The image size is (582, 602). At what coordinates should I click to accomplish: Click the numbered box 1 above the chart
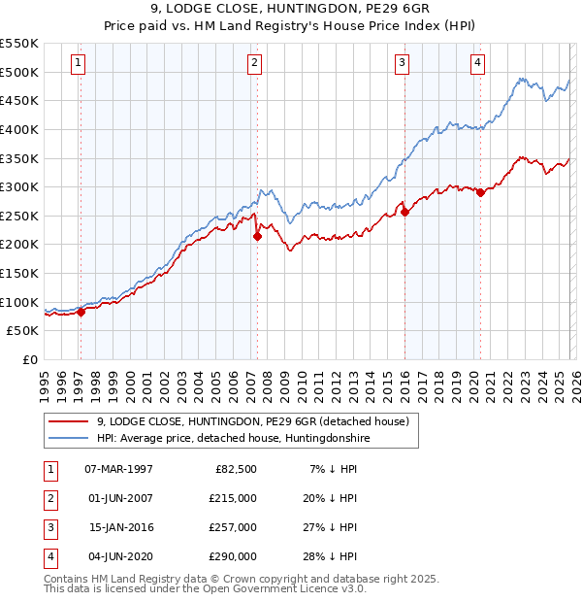click(x=78, y=63)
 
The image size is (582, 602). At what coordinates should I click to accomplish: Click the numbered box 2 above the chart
click(x=254, y=63)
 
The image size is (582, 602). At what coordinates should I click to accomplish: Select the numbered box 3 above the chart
click(x=402, y=63)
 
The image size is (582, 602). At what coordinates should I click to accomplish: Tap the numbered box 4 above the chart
click(x=478, y=63)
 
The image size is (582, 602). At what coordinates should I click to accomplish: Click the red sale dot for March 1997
click(x=81, y=312)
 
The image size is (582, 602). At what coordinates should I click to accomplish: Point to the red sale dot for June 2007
click(x=257, y=236)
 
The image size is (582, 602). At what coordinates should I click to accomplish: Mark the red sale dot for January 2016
click(x=404, y=212)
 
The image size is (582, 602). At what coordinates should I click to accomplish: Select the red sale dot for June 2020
click(x=480, y=192)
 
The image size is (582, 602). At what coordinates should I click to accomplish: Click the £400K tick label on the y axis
click(x=19, y=129)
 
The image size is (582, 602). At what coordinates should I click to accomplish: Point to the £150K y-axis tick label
click(x=19, y=273)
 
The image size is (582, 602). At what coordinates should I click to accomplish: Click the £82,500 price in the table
click(x=235, y=468)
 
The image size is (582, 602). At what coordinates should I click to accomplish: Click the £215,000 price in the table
click(x=232, y=497)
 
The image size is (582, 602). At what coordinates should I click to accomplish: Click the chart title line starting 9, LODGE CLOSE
click(x=291, y=12)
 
